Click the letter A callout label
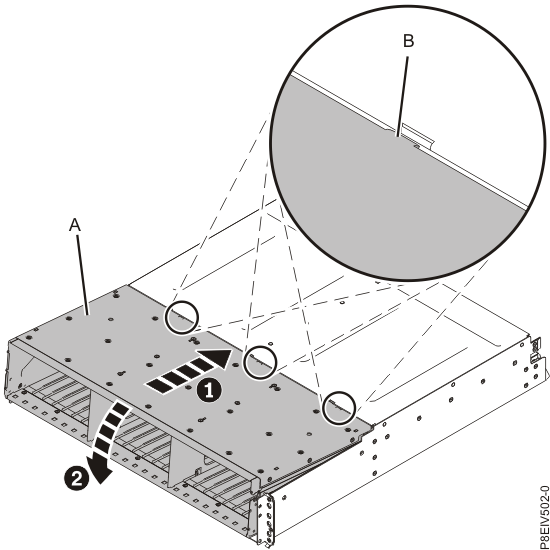(x=74, y=227)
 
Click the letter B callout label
(x=407, y=43)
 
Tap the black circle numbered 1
(x=209, y=392)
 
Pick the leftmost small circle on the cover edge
(x=181, y=317)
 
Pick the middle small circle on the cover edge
(x=260, y=358)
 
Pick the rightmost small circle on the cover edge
(x=338, y=403)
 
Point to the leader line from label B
(x=404, y=90)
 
